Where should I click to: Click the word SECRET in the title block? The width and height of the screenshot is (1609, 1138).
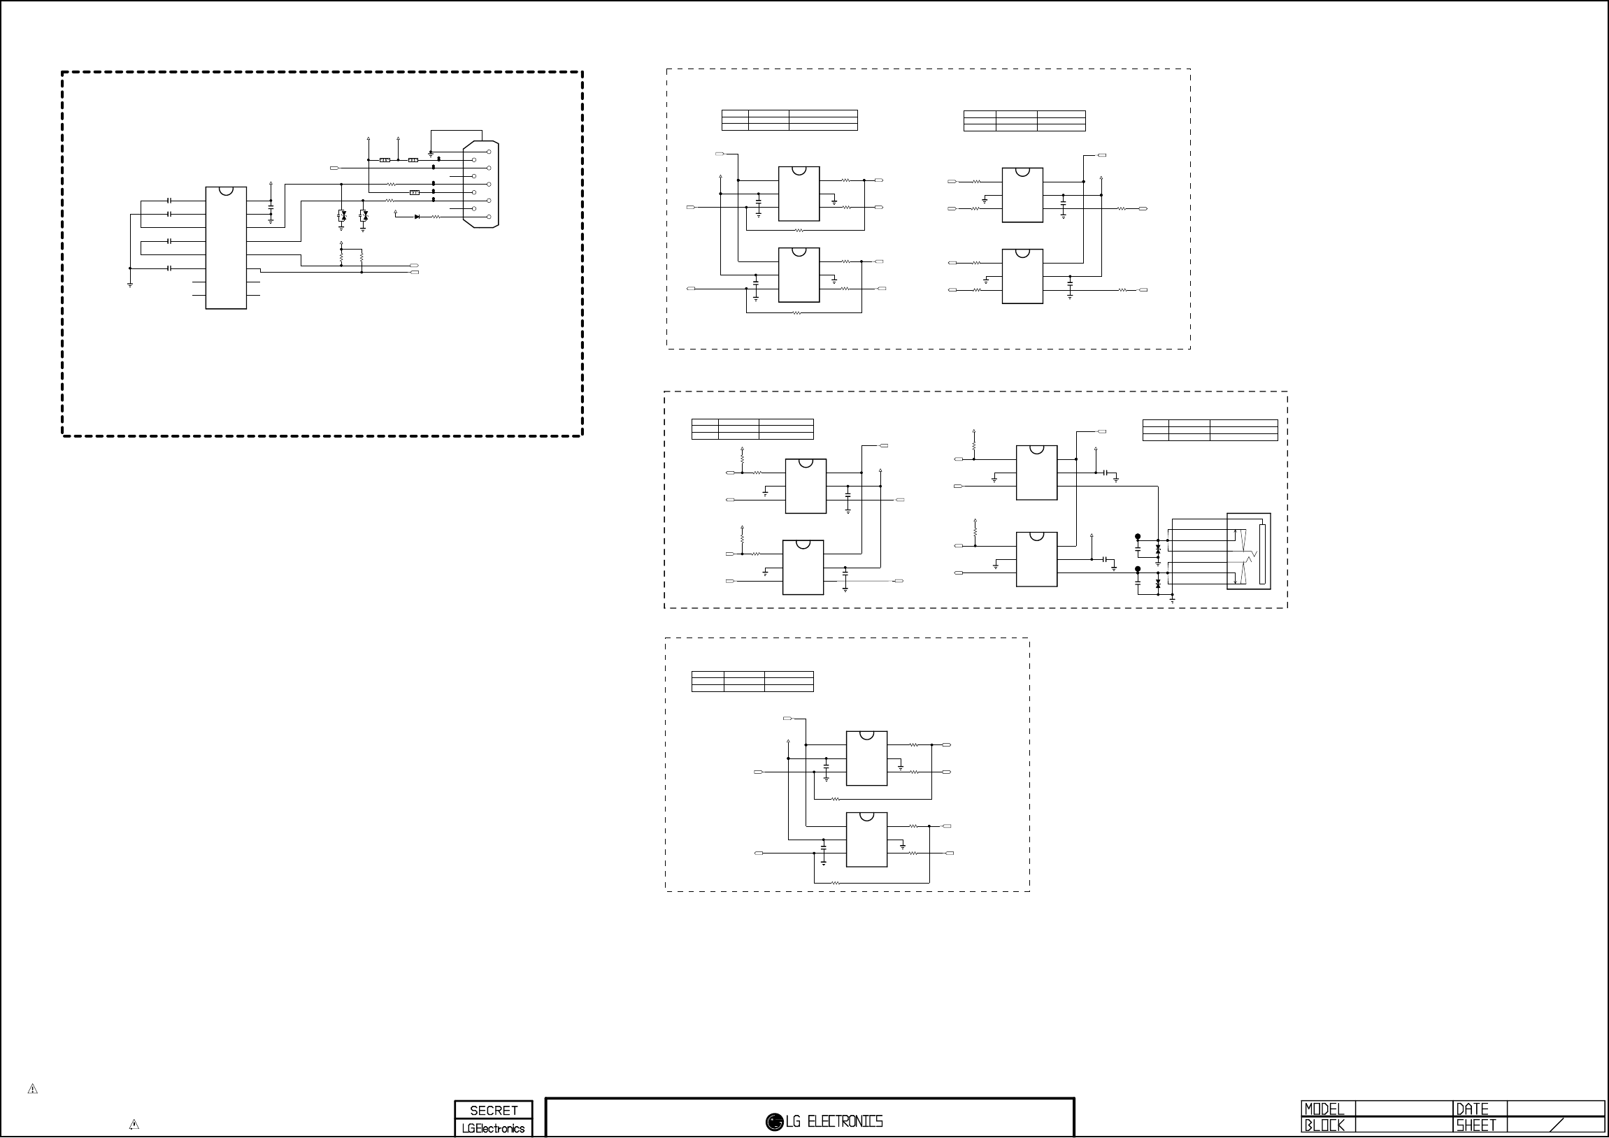pyautogui.click(x=494, y=1110)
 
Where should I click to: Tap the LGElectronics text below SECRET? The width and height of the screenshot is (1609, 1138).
pyautogui.click(x=494, y=1128)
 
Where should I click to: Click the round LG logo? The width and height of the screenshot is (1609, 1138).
pyautogui.click(x=773, y=1122)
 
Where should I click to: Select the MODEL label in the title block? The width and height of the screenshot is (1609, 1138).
pyautogui.click(x=1324, y=1109)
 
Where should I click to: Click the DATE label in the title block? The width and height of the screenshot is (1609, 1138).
pyautogui.click(x=1472, y=1109)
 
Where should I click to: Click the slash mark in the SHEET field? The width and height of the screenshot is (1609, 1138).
pyautogui.click(x=1557, y=1125)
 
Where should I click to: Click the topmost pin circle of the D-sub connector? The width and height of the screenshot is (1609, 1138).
pyautogui.click(x=489, y=152)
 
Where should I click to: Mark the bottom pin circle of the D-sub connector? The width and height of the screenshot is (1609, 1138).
pyautogui.click(x=489, y=217)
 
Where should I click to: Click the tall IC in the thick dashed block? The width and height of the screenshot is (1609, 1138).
pyautogui.click(x=226, y=247)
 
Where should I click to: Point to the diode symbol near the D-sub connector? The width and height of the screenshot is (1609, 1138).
pyautogui.click(x=417, y=217)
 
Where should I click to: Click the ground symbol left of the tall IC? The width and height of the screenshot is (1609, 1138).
pyautogui.click(x=129, y=284)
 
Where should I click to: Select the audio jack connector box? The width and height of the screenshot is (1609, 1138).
pyautogui.click(x=1248, y=551)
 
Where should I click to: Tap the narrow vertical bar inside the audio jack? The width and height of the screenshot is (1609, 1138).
pyautogui.click(x=1261, y=554)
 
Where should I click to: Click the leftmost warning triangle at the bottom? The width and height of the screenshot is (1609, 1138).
pyautogui.click(x=32, y=1089)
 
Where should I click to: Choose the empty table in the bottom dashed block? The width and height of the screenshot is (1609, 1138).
pyautogui.click(x=752, y=681)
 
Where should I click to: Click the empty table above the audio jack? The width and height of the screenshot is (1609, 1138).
pyautogui.click(x=1210, y=430)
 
